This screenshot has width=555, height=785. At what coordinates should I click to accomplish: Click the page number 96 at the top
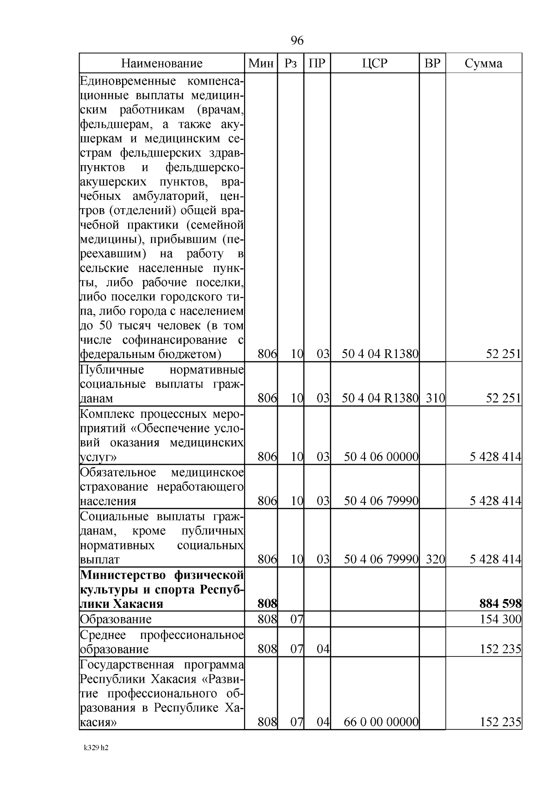(x=297, y=41)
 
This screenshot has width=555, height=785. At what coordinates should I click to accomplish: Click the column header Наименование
(x=161, y=63)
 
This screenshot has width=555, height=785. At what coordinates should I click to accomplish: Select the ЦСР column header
(x=375, y=63)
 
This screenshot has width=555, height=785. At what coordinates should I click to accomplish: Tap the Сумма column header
(x=483, y=63)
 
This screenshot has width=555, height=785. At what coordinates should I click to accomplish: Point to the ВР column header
(x=432, y=63)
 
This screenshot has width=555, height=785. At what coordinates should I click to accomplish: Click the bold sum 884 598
(x=501, y=604)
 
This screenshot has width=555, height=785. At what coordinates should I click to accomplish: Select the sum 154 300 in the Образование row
(x=501, y=619)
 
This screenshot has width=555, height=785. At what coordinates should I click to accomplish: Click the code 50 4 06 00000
(x=381, y=457)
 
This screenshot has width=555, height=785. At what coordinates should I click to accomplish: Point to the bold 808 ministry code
(x=267, y=604)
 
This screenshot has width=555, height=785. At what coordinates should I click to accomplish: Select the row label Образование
(x=116, y=619)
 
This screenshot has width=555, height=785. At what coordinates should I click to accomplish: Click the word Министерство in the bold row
(x=123, y=575)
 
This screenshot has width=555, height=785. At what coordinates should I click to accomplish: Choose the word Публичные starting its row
(x=112, y=370)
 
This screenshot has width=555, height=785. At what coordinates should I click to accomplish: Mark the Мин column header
(x=261, y=63)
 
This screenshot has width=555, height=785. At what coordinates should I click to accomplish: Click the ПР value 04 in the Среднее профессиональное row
(x=323, y=649)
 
